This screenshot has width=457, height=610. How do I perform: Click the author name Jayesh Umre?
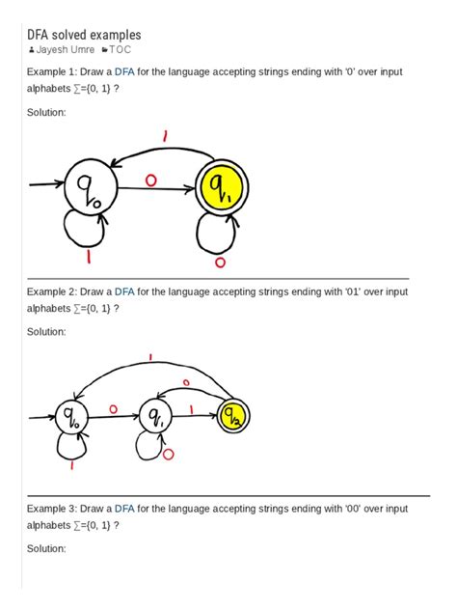pyautogui.click(x=65, y=49)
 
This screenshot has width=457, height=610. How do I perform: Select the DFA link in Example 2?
pyautogui.click(x=125, y=291)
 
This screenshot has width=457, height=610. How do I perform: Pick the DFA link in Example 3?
pyautogui.click(x=125, y=507)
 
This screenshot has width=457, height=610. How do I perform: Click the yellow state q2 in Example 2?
pyautogui.click(x=233, y=416)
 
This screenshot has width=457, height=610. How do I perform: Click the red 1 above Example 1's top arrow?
pyautogui.click(x=165, y=138)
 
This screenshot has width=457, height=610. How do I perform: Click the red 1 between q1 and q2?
pyautogui.click(x=193, y=409)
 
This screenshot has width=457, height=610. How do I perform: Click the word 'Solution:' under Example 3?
pyautogui.click(x=46, y=548)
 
